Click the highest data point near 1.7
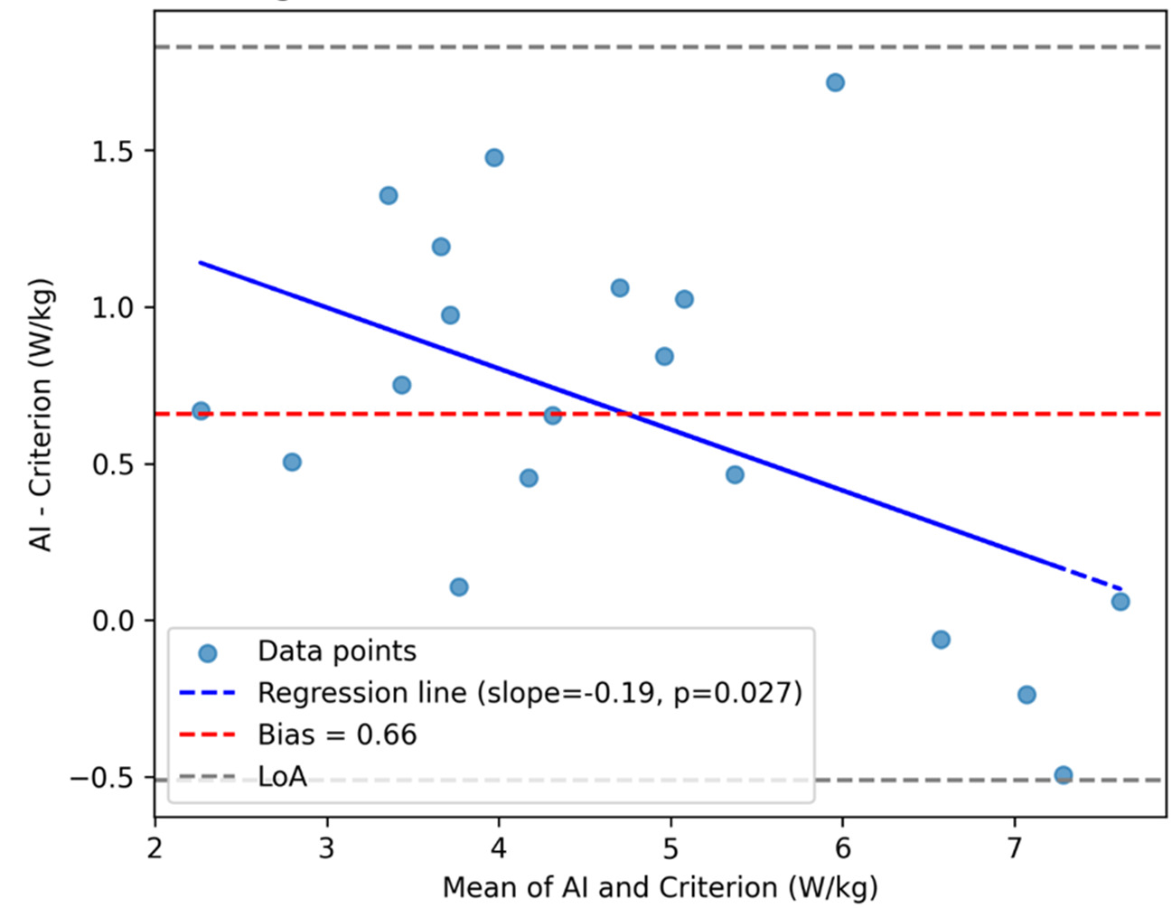pos(835,83)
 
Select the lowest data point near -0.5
pos(1063,775)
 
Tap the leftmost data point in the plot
pos(201,411)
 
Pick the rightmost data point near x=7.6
pos(1120,602)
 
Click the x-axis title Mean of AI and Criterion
pos(660,887)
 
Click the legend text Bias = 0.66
pos(337,735)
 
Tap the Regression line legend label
pos(530,693)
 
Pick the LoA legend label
pos(282,777)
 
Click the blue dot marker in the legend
pos(207,652)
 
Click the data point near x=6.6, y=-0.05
pos(941,640)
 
